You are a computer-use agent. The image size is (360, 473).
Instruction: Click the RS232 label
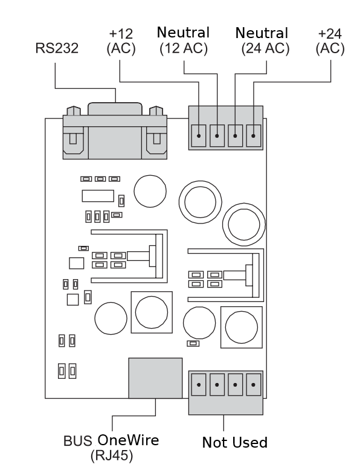click(x=57, y=48)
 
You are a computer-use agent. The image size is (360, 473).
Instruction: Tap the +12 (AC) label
click(x=121, y=41)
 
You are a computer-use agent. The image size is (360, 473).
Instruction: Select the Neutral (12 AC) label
click(x=183, y=40)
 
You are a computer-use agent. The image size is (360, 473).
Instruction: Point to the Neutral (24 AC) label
click(x=262, y=41)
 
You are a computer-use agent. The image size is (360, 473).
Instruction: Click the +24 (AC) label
click(x=330, y=41)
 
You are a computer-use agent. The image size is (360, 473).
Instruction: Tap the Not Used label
click(x=235, y=442)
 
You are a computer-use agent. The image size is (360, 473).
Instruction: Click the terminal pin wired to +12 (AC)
click(x=199, y=136)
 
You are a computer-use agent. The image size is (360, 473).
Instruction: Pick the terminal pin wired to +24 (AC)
click(x=253, y=136)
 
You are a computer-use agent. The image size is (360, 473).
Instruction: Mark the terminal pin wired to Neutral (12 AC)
click(x=217, y=136)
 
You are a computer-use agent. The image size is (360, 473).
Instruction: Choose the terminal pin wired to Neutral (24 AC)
click(x=235, y=136)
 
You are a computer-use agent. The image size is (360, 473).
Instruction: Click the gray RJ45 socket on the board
click(x=155, y=378)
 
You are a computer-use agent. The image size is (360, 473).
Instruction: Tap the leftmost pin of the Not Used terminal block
click(x=199, y=385)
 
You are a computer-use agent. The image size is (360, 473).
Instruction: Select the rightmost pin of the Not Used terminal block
click(x=253, y=385)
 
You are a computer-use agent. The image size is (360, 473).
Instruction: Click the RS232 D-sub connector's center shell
click(x=115, y=131)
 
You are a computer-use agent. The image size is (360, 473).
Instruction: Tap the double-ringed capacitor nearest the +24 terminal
click(x=244, y=225)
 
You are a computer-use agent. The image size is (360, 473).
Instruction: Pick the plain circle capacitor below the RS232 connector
click(x=150, y=191)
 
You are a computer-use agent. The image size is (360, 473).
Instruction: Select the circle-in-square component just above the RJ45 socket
click(x=152, y=312)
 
